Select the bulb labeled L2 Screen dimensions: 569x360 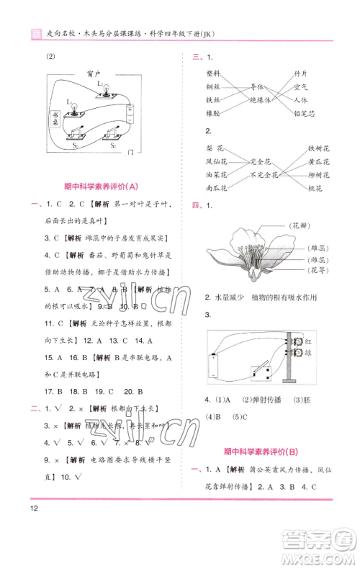tap(103, 89)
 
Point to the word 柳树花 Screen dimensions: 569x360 tap(318, 175)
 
